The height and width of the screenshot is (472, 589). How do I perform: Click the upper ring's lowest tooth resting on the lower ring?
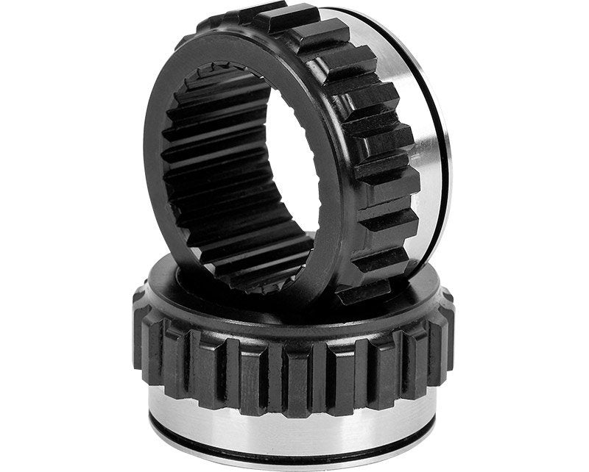coord(364,291)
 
